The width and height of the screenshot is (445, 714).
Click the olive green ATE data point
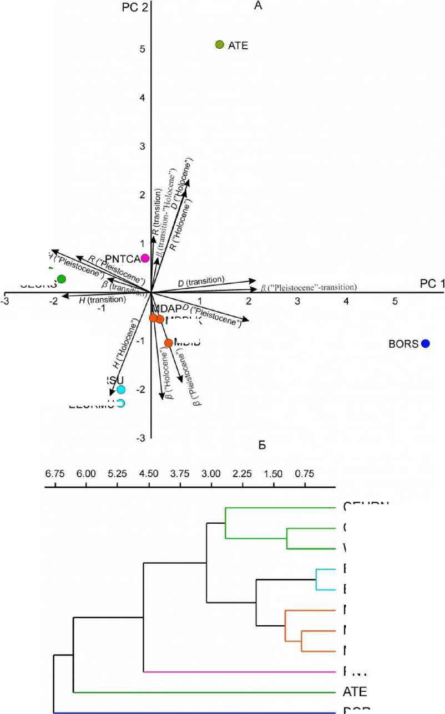(x=219, y=44)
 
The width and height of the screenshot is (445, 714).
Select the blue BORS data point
(x=426, y=344)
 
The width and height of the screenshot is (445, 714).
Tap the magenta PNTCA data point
(x=145, y=258)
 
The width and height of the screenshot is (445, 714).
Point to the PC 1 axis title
(x=432, y=284)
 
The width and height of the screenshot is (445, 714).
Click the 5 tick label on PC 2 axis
(x=143, y=49)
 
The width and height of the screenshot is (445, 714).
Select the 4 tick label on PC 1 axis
(x=347, y=301)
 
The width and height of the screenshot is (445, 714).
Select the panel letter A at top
(x=257, y=6)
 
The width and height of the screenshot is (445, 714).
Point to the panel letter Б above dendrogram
(x=263, y=445)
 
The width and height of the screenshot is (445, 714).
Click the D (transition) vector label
(x=201, y=282)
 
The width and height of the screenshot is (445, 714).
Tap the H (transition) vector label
(x=103, y=300)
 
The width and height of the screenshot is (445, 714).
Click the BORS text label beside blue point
(x=403, y=344)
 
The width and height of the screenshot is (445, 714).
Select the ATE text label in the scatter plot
(x=238, y=45)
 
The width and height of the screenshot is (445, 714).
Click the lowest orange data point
(x=169, y=343)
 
